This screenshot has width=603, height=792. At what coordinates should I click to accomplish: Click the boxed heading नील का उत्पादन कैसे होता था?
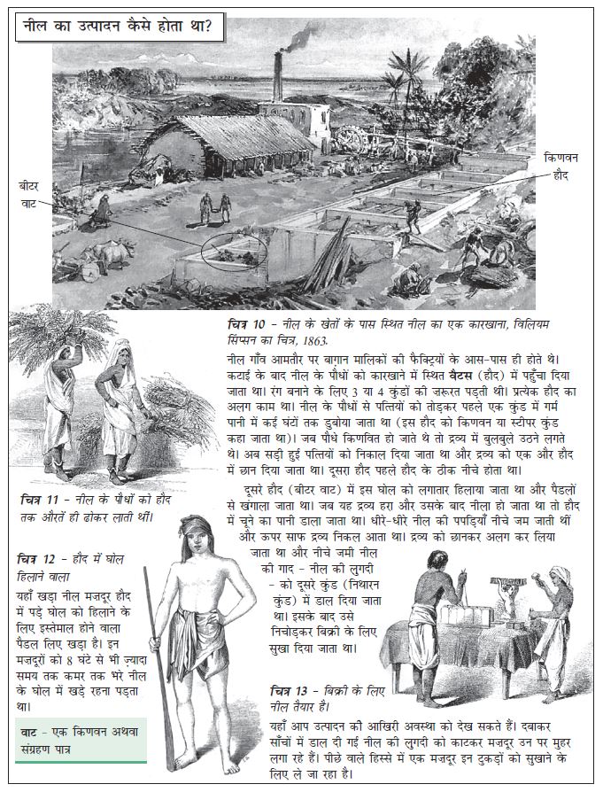pos(119,26)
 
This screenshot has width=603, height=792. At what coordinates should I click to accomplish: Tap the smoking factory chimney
pos(277,76)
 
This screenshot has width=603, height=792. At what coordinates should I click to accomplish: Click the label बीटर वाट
pos(29,194)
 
